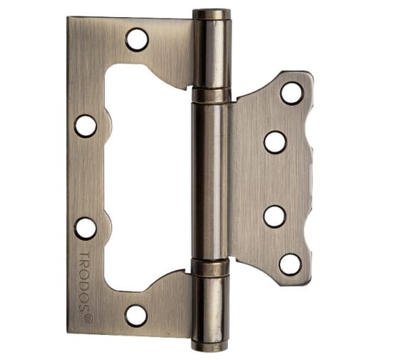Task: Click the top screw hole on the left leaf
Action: tap(137, 40)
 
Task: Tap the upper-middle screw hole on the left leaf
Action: tap(86, 126)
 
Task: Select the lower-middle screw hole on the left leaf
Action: tap(85, 229)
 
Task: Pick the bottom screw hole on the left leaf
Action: tap(136, 316)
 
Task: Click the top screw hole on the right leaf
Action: tap(291, 94)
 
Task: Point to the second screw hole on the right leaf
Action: tap(275, 143)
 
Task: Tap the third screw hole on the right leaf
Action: tap(274, 217)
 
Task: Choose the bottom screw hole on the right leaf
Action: tap(290, 264)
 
